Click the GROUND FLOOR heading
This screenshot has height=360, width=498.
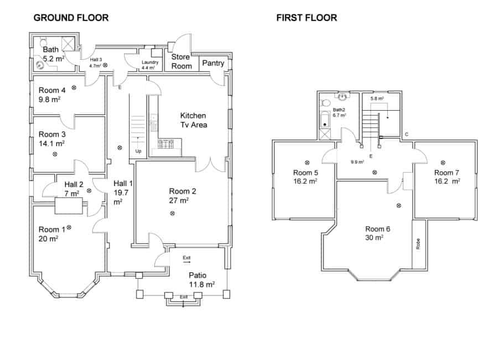pos(71,18)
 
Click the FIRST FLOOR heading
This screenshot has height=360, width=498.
pos(307,18)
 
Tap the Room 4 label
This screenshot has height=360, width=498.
pos(52,90)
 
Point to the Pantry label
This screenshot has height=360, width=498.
pos(213,63)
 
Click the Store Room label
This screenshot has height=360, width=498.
pos(181,61)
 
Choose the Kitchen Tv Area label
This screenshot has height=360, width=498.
pos(193,120)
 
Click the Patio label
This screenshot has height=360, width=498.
pos(198,275)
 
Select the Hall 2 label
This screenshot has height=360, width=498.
pos(74,184)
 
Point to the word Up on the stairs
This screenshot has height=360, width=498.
pos(138,151)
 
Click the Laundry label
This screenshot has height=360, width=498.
pos(150,63)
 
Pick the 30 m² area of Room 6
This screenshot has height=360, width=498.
pos(374,237)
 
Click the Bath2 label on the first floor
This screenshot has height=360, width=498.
pos(339,110)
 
